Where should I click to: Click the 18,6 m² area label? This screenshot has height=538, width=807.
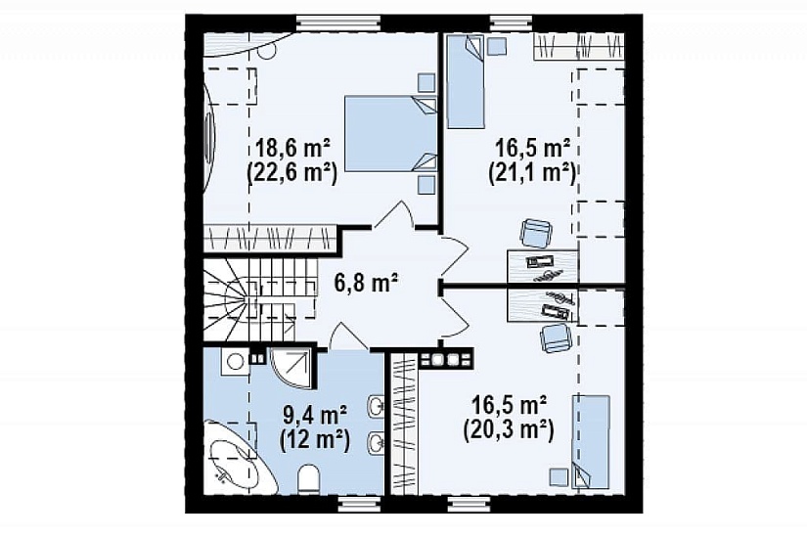(x=292, y=149)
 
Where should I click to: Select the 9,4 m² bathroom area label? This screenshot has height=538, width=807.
(x=314, y=416)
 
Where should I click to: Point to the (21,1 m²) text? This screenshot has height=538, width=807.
(x=532, y=172)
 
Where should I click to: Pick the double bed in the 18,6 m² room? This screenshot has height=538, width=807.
(x=390, y=133)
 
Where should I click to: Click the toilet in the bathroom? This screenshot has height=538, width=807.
(x=309, y=478)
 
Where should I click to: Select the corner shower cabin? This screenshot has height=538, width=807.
(x=291, y=369)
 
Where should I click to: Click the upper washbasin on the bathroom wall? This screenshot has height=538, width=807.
(x=376, y=407)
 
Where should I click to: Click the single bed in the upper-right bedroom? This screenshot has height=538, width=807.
(x=466, y=81)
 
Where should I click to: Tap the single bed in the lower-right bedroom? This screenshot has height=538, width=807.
(x=591, y=441)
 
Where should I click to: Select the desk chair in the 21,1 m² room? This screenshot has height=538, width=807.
(x=536, y=232)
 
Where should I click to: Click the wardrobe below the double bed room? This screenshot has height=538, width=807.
(x=271, y=239)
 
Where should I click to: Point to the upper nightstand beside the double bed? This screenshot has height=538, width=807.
(x=426, y=82)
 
